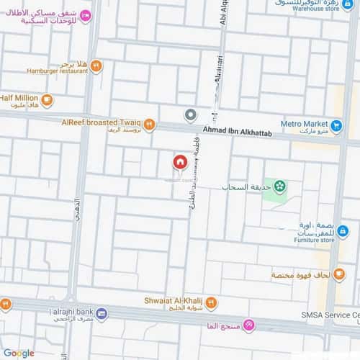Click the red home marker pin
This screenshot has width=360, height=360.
(179, 162)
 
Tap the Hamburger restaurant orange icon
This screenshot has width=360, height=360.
(96, 66)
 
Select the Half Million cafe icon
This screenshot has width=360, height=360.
(47, 99)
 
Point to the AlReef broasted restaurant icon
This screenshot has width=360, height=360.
(149, 125)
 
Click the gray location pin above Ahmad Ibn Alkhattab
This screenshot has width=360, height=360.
(190, 115)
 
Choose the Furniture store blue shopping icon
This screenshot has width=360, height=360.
(343, 231)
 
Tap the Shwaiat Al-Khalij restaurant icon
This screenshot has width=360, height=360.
(211, 304)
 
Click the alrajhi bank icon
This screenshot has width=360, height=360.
(102, 314)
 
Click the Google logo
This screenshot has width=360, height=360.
(18, 353)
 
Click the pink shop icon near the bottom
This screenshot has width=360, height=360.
(249, 327)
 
